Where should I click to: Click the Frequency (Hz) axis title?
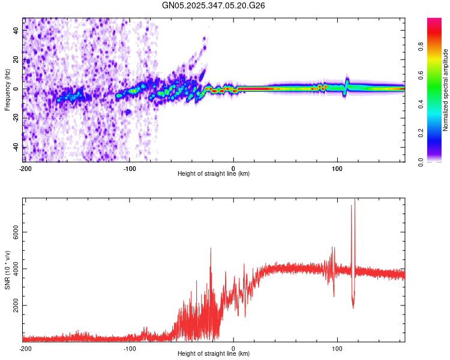(7, 90)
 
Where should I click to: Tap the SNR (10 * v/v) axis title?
(7, 269)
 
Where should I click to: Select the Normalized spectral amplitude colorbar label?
(446, 90)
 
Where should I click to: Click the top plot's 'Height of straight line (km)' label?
(214, 173)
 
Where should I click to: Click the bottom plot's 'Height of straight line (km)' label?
(214, 353)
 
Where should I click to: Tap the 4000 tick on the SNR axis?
(13, 269)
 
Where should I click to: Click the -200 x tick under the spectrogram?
(25, 167)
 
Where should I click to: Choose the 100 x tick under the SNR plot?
(337, 347)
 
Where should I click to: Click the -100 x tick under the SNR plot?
(130, 347)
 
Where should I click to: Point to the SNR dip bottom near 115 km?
(353, 307)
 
